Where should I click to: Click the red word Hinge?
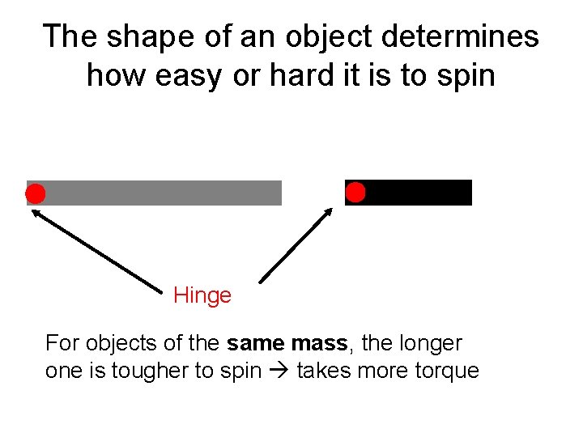click(202, 295)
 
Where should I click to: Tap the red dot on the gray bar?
click(36, 193)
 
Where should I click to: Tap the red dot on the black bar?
click(355, 193)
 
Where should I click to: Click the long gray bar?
click(162, 193)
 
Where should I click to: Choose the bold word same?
click(254, 343)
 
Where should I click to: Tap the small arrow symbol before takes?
click(280, 371)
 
